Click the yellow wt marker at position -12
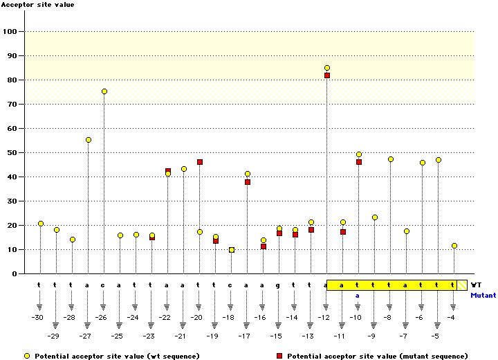(x=327, y=68)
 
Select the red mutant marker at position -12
(x=327, y=75)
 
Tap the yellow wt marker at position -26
(x=104, y=91)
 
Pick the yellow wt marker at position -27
(x=89, y=140)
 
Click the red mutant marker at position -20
(x=200, y=162)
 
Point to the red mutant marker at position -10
(x=359, y=162)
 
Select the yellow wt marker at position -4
(x=454, y=246)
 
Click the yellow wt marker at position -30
(x=41, y=224)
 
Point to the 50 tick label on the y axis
(x=11, y=152)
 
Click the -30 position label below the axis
(x=37, y=318)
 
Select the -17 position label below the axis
(x=244, y=336)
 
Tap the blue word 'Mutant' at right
(x=483, y=295)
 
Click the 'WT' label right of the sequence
(x=476, y=285)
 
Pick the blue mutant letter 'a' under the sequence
(x=358, y=295)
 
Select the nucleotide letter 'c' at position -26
(x=103, y=285)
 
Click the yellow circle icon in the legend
(x=27, y=355)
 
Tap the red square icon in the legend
(x=280, y=355)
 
